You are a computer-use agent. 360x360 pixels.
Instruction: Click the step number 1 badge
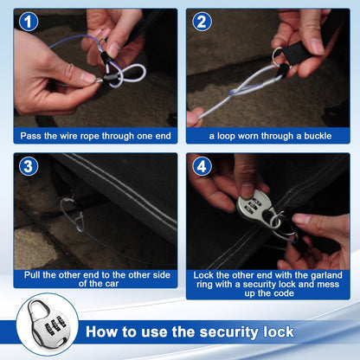[29, 22]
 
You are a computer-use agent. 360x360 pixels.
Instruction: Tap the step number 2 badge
[202, 22]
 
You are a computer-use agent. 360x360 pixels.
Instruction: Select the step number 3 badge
[29, 166]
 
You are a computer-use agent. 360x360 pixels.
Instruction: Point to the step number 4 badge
[202, 166]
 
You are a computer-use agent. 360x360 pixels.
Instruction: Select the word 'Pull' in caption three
[32, 274]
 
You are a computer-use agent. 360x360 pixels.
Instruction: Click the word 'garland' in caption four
[326, 275]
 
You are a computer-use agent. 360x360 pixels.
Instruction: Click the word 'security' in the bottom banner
[229, 332]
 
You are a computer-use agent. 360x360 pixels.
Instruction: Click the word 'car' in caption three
[112, 284]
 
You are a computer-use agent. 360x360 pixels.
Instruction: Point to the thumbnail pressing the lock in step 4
[247, 190]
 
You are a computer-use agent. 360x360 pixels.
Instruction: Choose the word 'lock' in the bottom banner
[279, 331]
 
